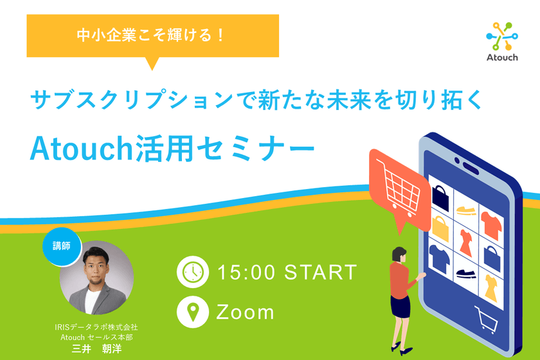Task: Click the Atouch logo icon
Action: [501, 37]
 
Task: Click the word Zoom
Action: [245, 312]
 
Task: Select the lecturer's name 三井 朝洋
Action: [96, 348]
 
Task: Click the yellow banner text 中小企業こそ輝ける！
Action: [152, 36]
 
